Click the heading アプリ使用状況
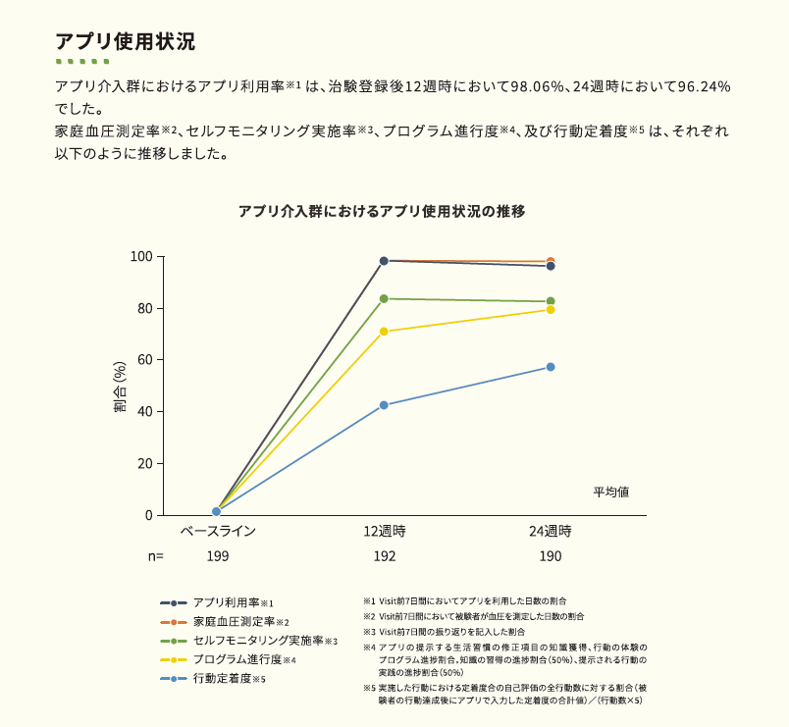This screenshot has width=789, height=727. pyautogui.click(x=126, y=42)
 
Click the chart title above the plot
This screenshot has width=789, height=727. pyautogui.click(x=383, y=211)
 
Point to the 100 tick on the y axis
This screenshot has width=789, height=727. pyautogui.click(x=141, y=257)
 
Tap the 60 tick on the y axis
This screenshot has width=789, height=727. pyautogui.click(x=144, y=360)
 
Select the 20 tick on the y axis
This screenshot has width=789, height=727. pyautogui.click(x=144, y=464)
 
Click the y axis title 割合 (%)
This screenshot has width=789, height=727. pyautogui.click(x=120, y=387)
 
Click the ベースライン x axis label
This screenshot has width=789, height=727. pyautogui.click(x=217, y=532)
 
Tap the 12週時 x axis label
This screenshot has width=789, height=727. pyautogui.click(x=384, y=532)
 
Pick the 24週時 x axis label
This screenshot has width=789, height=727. pyautogui.click(x=551, y=532)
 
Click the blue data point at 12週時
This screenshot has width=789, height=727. pyautogui.click(x=384, y=405)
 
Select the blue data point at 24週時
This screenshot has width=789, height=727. pyautogui.click(x=551, y=367)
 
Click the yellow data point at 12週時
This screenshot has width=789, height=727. pyautogui.click(x=384, y=332)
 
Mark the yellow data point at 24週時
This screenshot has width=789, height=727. pyautogui.click(x=551, y=310)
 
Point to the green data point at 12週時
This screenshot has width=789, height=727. pyautogui.click(x=384, y=298)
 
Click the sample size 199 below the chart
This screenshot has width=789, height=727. pyautogui.click(x=217, y=556)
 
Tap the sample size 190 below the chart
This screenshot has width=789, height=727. pyautogui.click(x=551, y=556)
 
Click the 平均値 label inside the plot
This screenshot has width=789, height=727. pyautogui.click(x=610, y=491)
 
